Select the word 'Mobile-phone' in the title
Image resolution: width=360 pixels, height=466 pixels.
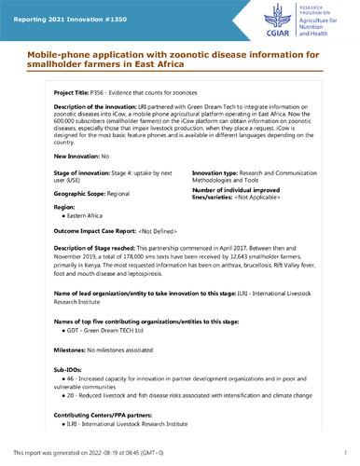(44, 55)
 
